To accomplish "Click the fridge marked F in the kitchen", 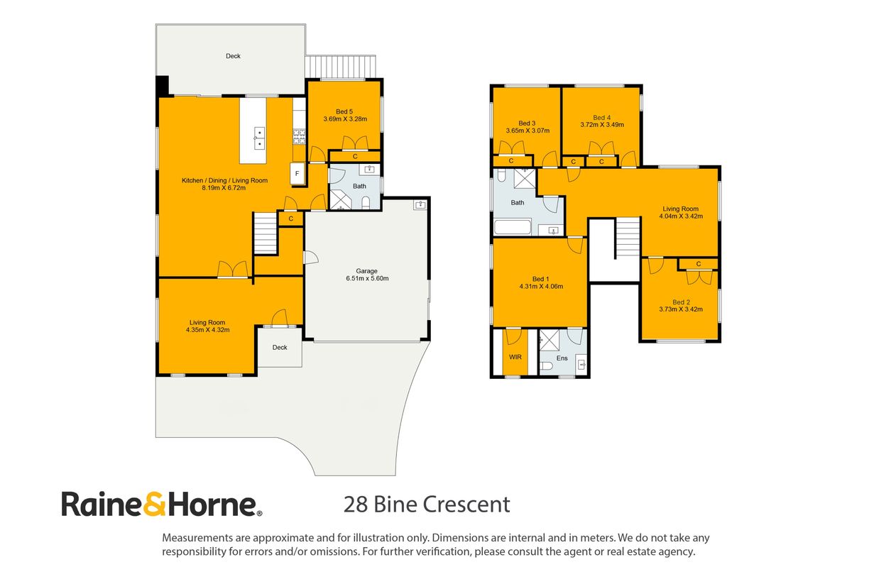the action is (x=297, y=174).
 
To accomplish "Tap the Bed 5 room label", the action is (x=344, y=111).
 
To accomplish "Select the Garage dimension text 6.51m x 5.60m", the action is (x=367, y=278).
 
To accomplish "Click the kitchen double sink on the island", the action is (x=259, y=138).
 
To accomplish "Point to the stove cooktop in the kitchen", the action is (x=299, y=137).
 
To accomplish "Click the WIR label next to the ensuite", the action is (x=515, y=357).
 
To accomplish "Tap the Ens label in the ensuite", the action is (x=562, y=358).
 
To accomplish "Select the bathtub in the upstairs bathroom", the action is (x=513, y=227).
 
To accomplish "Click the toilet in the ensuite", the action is (x=546, y=366).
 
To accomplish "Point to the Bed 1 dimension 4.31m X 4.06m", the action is (x=541, y=287).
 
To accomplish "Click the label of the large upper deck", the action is (x=233, y=56).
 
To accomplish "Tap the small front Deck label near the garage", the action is (x=280, y=348).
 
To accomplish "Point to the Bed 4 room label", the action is (x=602, y=118).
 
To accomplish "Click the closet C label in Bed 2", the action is (x=699, y=264).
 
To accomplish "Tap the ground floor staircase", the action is (x=266, y=233).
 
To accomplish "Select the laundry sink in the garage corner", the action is (x=420, y=205).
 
